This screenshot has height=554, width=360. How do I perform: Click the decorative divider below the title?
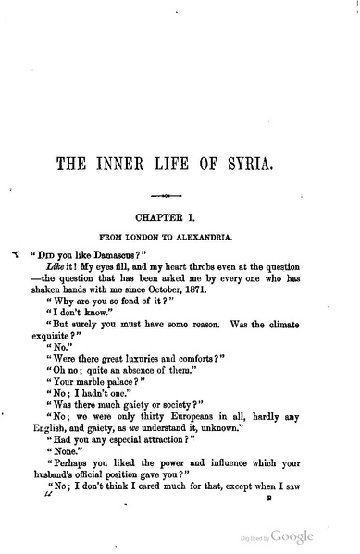[x=180, y=197]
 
